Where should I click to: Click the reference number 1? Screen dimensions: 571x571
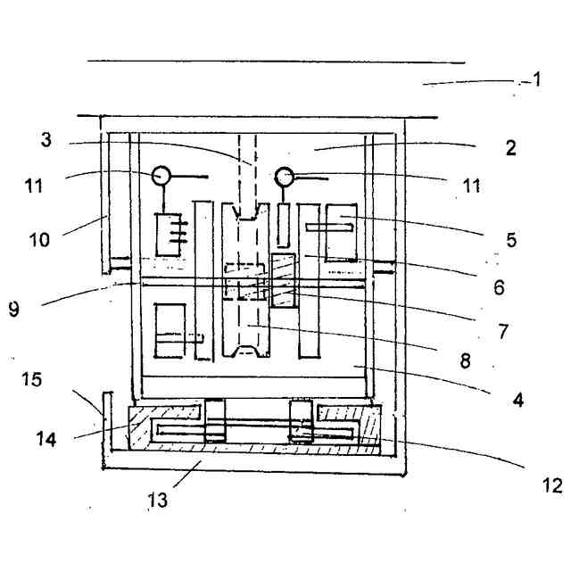point(538,79)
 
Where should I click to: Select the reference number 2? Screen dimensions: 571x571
point(510,148)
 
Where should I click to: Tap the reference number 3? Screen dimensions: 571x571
point(47,140)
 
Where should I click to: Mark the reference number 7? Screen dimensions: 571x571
point(503,331)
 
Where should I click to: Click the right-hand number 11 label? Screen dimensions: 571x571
point(471,186)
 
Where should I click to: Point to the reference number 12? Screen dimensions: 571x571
point(552,486)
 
